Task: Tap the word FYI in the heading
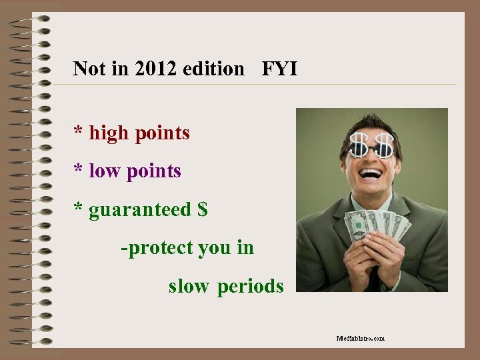click(x=279, y=68)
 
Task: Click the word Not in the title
click(x=89, y=68)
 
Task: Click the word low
click(x=104, y=171)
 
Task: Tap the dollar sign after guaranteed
click(x=203, y=209)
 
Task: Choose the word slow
click(x=189, y=286)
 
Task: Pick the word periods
click(x=251, y=287)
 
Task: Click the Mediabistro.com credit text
click(x=361, y=339)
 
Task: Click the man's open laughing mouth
click(x=371, y=174)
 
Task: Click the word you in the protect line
click(x=214, y=248)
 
